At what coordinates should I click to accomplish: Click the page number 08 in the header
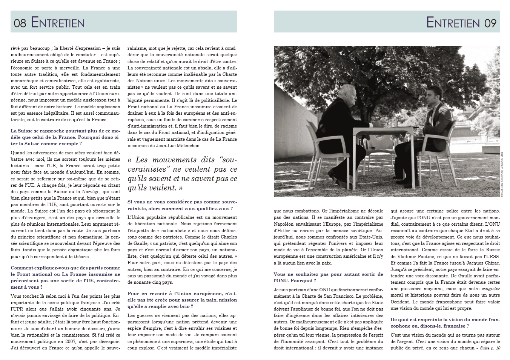pyautogui.click(x=20, y=23)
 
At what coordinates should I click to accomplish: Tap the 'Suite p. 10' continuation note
pyautogui.click(x=490, y=348)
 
